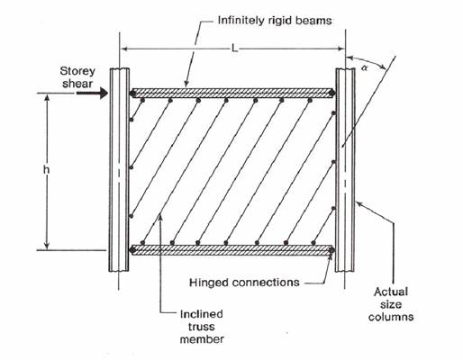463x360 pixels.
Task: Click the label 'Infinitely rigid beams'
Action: coord(275,21)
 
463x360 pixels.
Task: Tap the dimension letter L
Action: coord(234,49)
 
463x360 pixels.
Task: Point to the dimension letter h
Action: coord(46,170)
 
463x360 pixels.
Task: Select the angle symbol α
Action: coord(365,68)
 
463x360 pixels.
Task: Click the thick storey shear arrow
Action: coord(92,93)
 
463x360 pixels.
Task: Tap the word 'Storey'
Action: coord(77,71)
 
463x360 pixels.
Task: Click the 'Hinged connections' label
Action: coord(244,283)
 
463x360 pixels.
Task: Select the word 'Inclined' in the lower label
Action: coord(202,314)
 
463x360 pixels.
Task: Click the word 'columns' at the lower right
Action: coord(391,317)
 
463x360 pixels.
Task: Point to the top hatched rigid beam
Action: coord(232,93)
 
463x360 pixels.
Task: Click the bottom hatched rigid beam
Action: coord(231,250)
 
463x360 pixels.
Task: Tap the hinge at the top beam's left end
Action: coord(132,94)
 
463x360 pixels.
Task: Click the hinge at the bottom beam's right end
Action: coord(331,250)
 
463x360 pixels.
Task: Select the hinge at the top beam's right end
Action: coord(331,93)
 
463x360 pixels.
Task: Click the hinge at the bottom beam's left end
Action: coord(132,249)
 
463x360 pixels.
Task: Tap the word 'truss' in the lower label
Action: coord(202,327)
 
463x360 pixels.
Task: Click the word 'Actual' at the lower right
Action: coord(391,292)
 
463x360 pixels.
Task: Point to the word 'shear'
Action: coord(77,84)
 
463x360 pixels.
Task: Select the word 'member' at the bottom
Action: coord(202,339)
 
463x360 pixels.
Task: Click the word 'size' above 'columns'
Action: coord(391,304)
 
